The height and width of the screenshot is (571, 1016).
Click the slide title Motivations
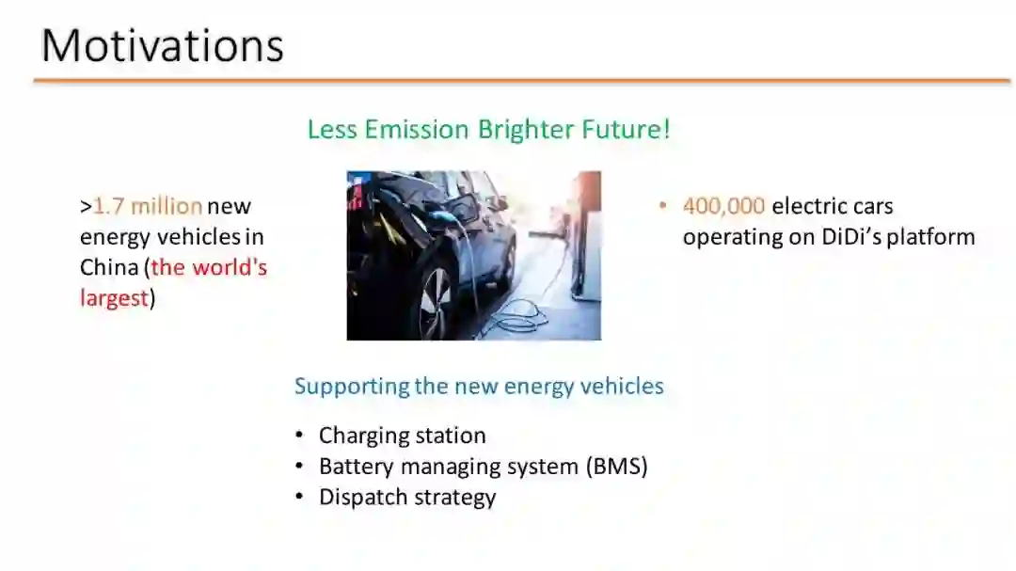[162, 46]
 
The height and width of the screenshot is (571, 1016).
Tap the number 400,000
[723, 206]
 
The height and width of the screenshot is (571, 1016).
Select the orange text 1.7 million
[148, 206]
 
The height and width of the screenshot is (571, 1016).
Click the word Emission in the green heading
[417, 129]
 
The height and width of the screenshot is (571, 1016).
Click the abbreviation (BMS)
[616, 467]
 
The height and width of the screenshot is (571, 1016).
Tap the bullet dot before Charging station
[299, 436]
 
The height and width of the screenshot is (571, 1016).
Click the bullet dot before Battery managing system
[299, 466]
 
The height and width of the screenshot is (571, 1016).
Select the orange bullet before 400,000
[662, 206]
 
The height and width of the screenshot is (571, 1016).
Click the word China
[109, 267]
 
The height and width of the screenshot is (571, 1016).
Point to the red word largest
[115, 299]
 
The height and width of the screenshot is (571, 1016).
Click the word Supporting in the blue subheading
[352, 387]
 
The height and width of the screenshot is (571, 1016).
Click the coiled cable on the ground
[518, 314]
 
